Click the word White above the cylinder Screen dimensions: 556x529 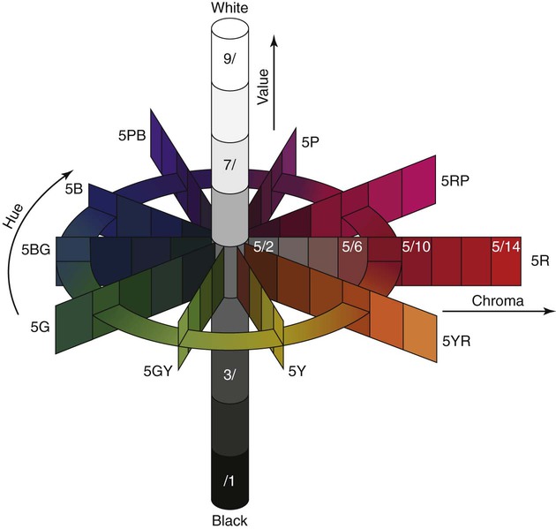click(229, 8)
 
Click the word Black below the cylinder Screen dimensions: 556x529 click(229, 521)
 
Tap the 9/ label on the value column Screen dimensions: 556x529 click(229, 58)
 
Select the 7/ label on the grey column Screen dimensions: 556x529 click(229, 165)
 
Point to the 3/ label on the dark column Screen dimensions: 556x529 click(229, 375)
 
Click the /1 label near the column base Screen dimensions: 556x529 click(229, 481)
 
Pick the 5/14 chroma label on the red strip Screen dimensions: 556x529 click(506, 246)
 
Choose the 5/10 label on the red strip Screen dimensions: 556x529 click(417, 246)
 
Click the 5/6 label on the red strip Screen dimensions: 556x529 click(352, 246)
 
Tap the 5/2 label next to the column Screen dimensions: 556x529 click(264, 246)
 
